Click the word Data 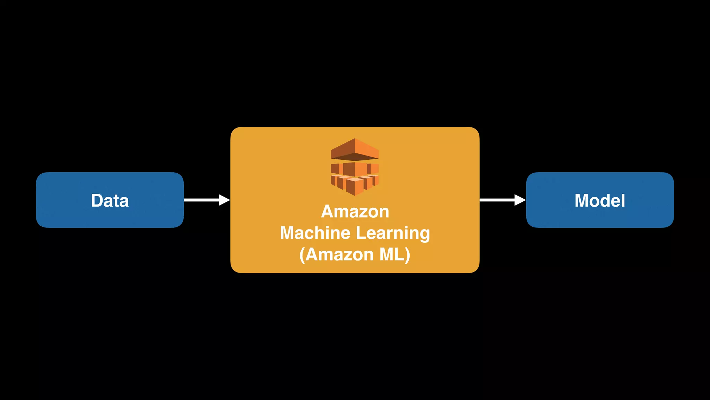(110, 201)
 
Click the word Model (600, 201)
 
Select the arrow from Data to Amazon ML (203, 200)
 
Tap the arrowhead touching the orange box (224, 200)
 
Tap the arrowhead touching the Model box (520, 200)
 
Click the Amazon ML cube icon (355, 167)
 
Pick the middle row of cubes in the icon (355, 169)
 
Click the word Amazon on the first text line (355, 211)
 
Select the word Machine (315, 233)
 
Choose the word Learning (393, 233)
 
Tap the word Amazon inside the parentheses (339, 255)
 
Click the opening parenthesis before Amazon (302, 255)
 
